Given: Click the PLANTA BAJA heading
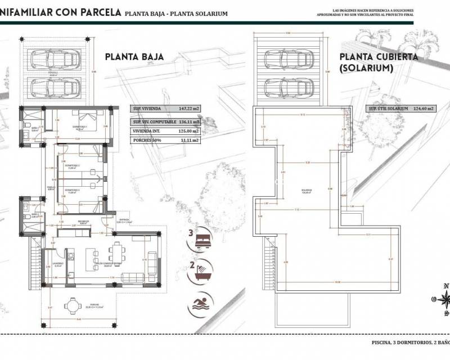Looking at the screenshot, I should [x=134, y=57].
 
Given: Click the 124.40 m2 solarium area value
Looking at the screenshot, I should [x=424, y=109].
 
